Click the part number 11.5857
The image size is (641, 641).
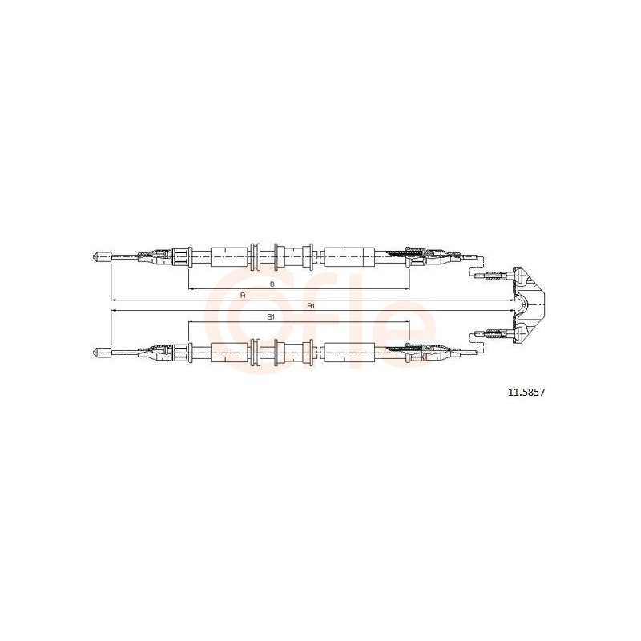click(526, 393)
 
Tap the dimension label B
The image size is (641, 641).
click(272, 284)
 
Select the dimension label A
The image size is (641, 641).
click(243, 296)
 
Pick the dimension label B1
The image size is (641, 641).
click(271, 317)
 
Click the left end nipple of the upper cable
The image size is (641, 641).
click(100, 256)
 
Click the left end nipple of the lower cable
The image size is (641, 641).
click(100, 350)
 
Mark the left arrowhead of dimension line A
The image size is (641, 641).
click(112, 300)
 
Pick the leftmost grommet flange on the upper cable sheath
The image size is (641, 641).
click(255, 256)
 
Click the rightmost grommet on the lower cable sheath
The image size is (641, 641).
click(308, 350)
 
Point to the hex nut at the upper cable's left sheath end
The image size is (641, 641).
click(181, 256)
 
